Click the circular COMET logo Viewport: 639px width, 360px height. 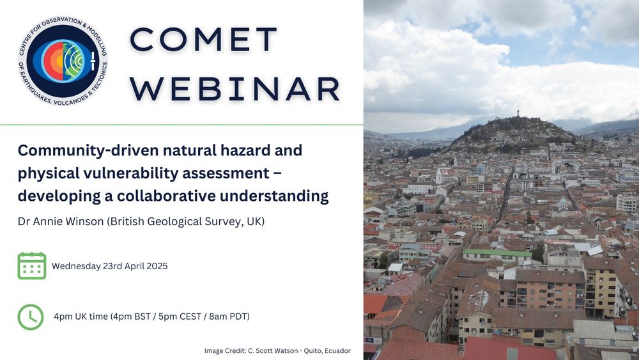click(x=63, y=61)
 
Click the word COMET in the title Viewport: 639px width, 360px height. click(x=204, y=40)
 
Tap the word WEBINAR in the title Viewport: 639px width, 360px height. click(x=235, y=89)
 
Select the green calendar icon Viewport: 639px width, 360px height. click(x=32, y=266)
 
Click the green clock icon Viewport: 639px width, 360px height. click(x=31, y=317)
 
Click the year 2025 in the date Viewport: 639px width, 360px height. click(x=157, y=266)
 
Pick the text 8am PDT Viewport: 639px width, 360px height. click(x=229, y=317)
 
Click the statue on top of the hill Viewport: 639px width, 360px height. click(x=518, y=113)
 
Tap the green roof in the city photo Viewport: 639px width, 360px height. click(x=497, y=253)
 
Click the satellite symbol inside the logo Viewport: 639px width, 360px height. click(x=93, y=61)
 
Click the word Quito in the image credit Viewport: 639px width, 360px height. click(x=312, y=350)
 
